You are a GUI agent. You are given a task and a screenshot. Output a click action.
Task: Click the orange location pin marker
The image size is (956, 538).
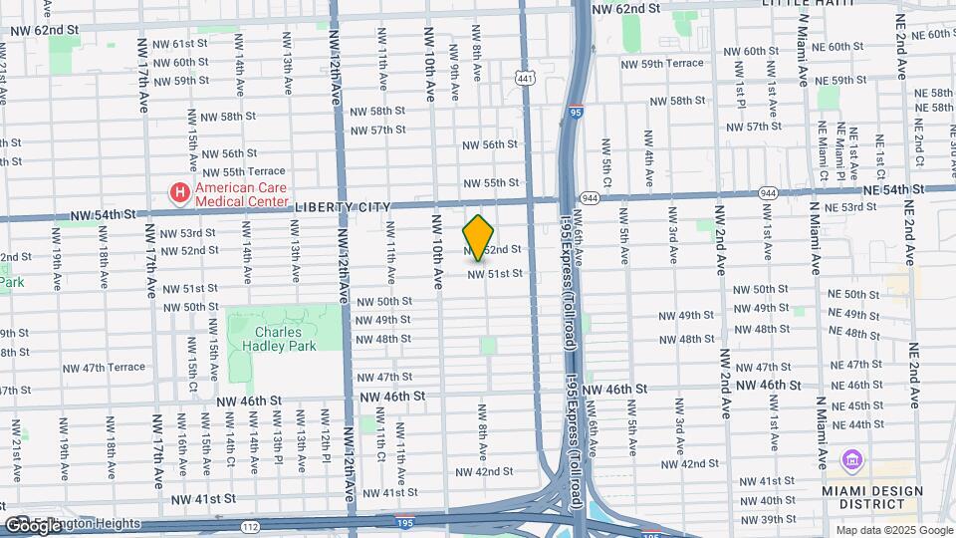478,238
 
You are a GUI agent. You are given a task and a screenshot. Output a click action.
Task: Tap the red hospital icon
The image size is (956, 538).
180,192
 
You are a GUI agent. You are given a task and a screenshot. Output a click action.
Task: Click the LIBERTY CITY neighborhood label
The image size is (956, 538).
341,206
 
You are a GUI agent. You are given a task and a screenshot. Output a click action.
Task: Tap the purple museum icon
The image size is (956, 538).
852,461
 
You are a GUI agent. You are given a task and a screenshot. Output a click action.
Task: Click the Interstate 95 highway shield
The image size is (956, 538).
577,114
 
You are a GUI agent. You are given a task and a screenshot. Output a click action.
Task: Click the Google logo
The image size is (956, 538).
33,525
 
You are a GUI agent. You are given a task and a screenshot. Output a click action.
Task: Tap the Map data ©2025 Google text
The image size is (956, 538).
893,530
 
